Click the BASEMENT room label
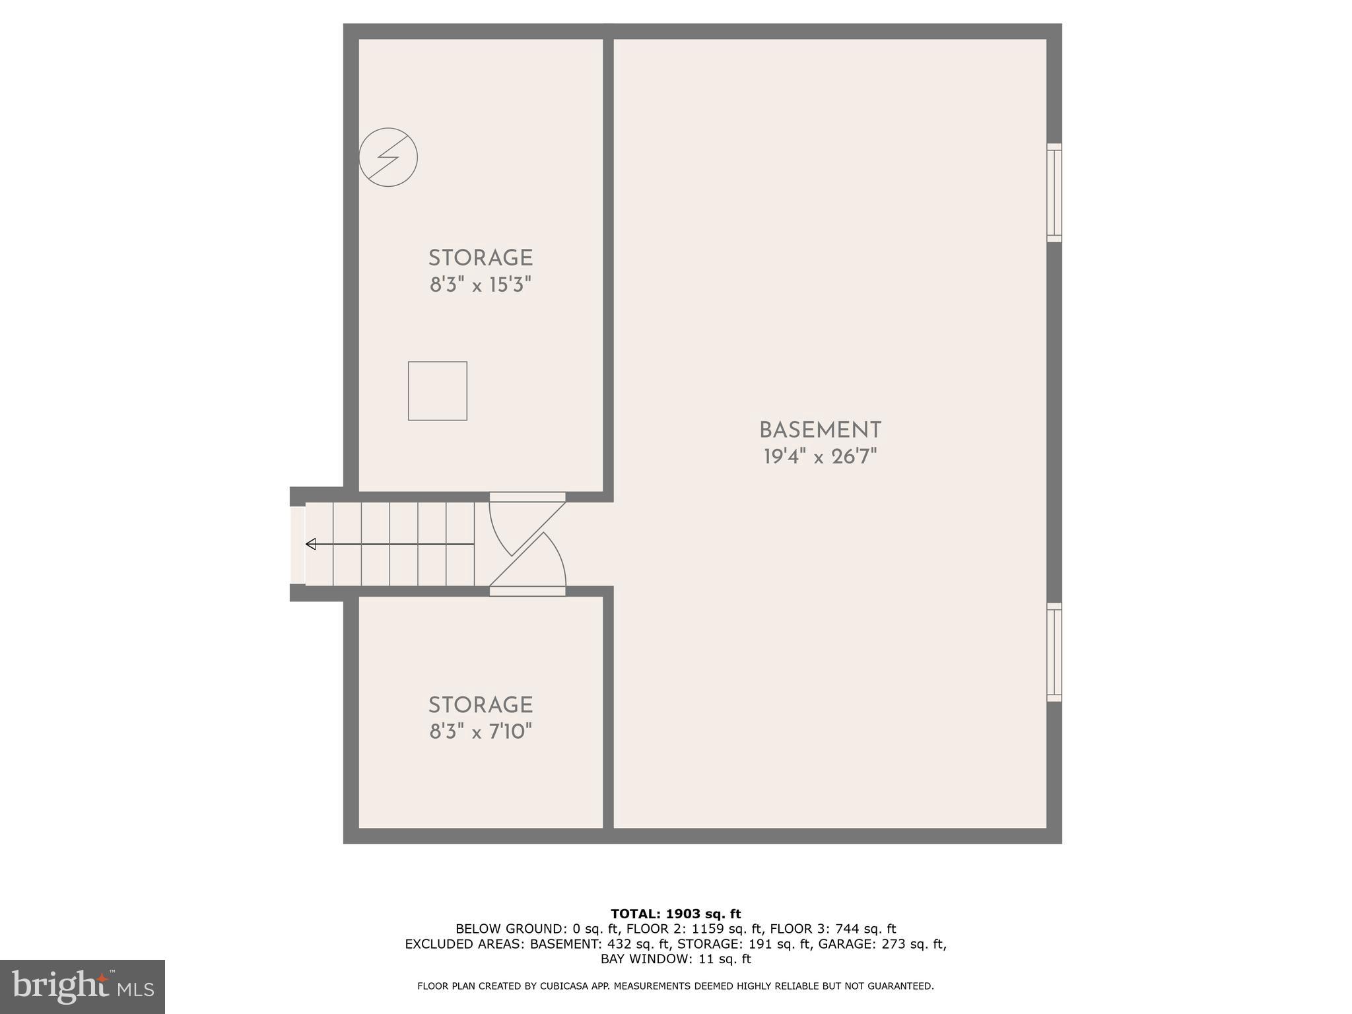tap(820, 430)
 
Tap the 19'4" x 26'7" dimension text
tap(820, 457)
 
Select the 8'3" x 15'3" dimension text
tap(481, 285)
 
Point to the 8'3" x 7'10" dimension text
tap(481, 732)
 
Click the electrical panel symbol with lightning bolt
tap(388, 157)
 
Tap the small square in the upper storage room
tap(438, 391)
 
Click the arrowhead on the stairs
tap(311, 544)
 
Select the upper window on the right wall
tap(1054, 193)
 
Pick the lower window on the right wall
tap(1054, 652)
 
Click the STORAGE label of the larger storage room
tap(481, 258)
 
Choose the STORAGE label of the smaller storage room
tap(481, 705)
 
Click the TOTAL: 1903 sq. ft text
tap(675, 914)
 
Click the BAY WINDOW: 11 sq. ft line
tap(675, 959)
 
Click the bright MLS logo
tap(83, 986)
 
